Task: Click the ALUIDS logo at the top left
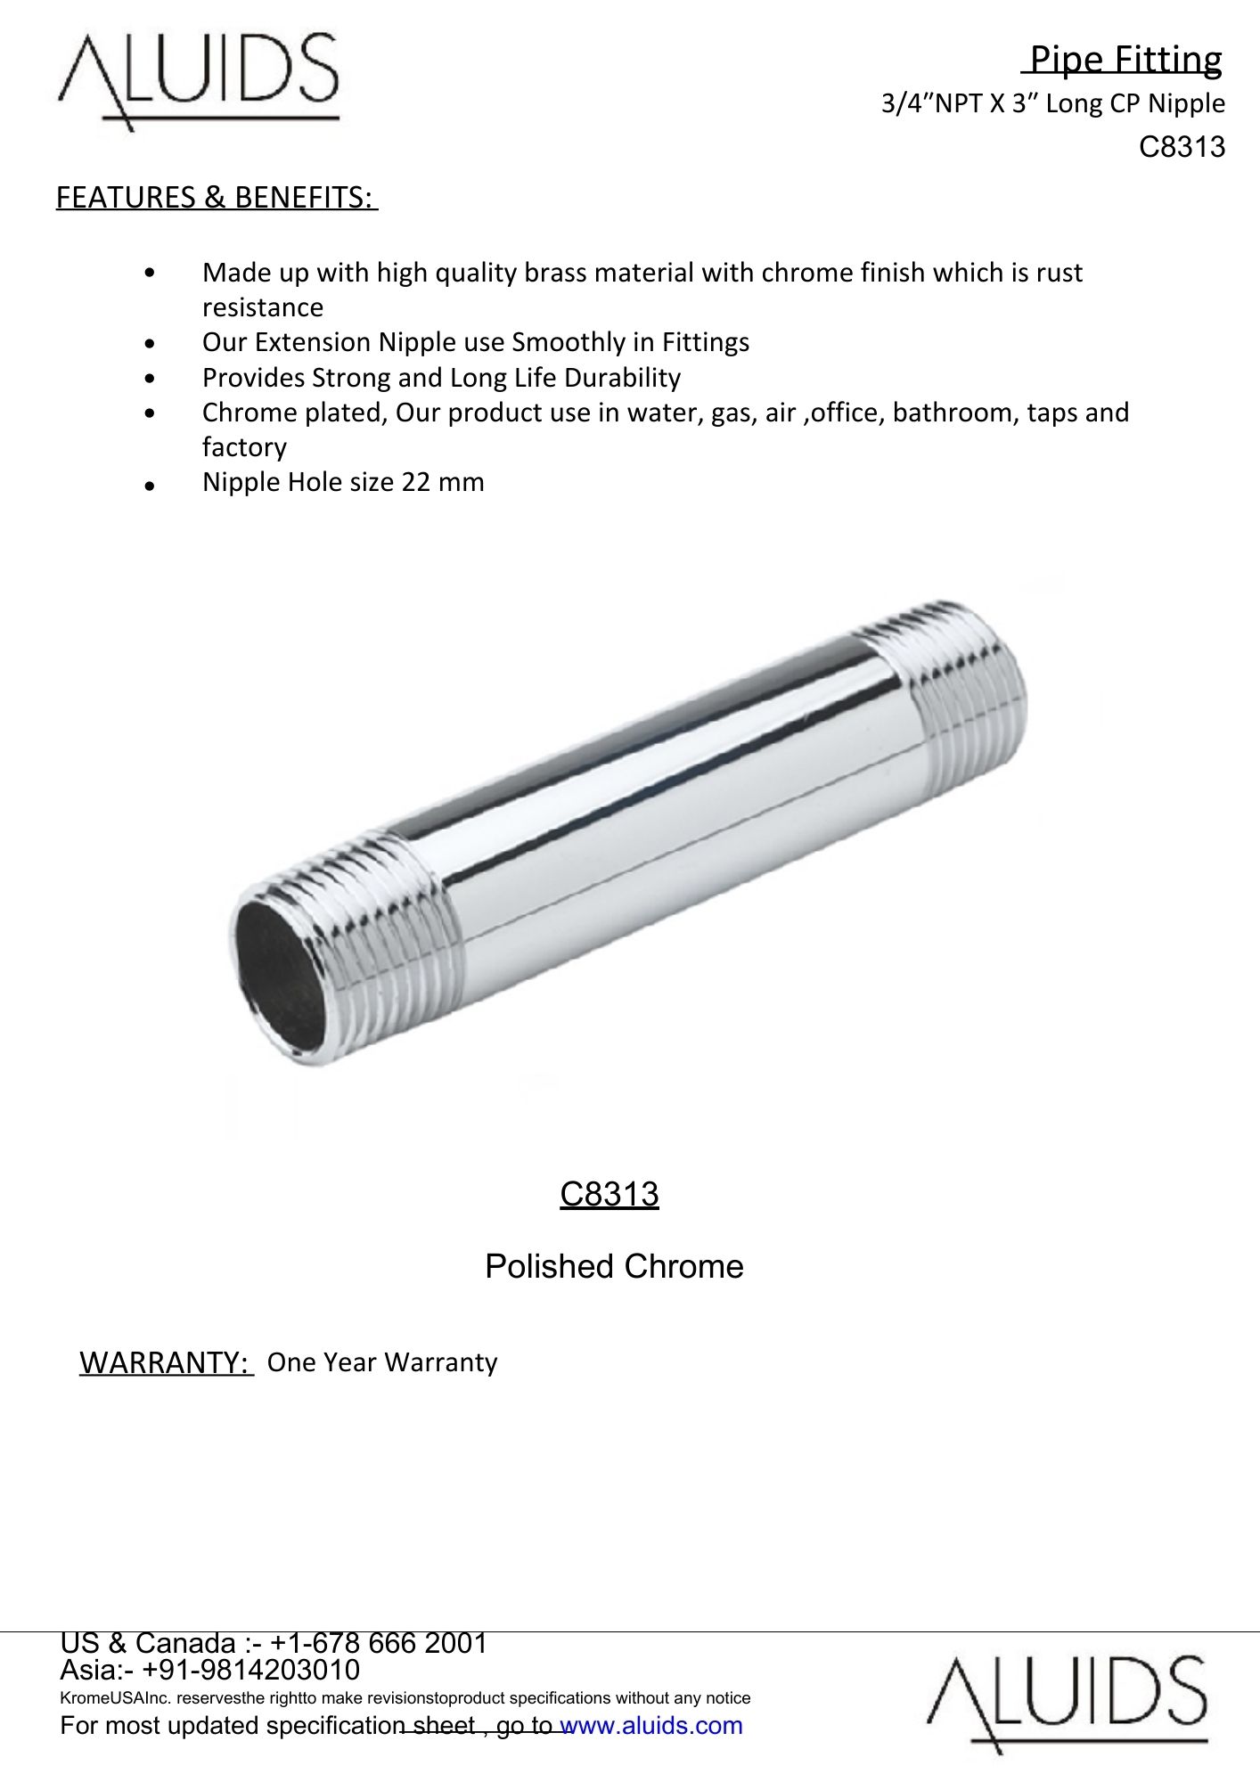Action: tap(198, 80)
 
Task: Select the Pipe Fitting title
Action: tap(1125, 60)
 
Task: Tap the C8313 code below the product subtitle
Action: tap(1182, 147)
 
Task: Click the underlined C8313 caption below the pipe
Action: tap(610, 1194)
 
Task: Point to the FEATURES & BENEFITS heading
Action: tap(217, 197)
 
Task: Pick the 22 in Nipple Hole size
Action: tap(415, 482)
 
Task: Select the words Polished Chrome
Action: tap(614, 1266)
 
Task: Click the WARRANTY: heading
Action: tap(166, 1362)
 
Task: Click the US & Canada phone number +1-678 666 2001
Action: tap(378, 1643)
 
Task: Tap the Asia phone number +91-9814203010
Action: tap(250, 1670)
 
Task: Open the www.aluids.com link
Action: tap(650, 1726)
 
